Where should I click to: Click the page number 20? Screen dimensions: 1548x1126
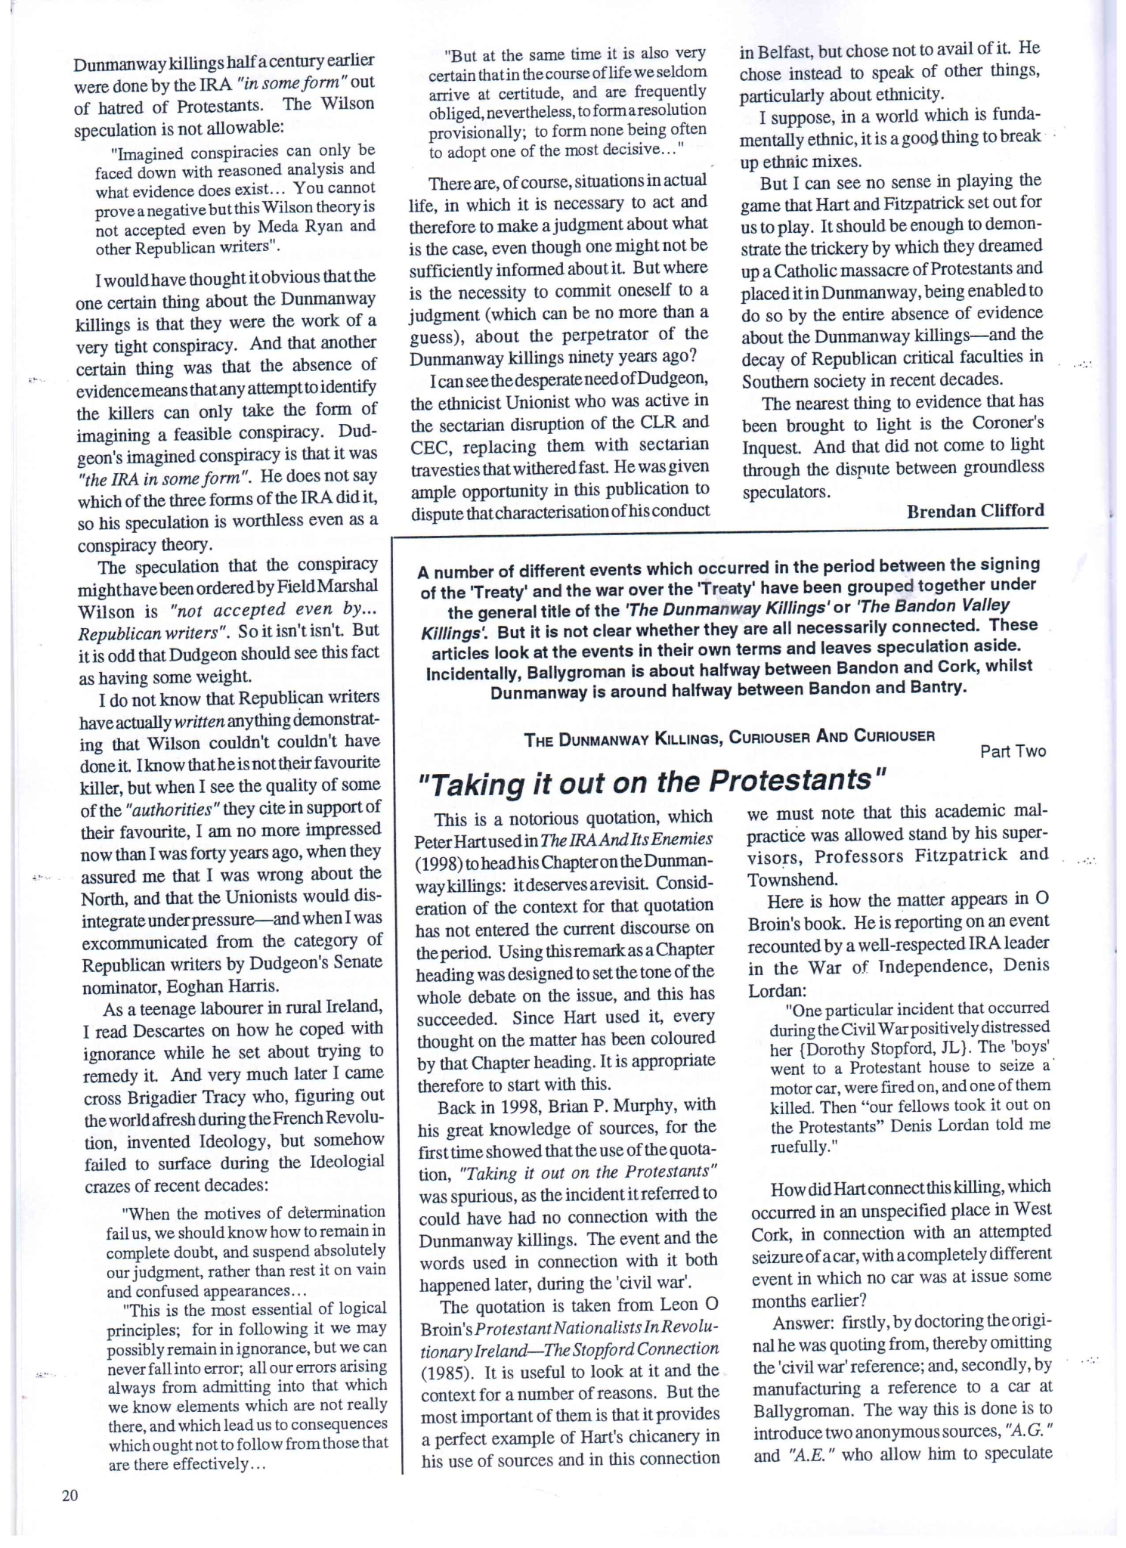[70, 1496]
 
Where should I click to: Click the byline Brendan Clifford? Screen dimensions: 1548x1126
[975, 511]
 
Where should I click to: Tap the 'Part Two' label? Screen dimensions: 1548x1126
[1013, 751]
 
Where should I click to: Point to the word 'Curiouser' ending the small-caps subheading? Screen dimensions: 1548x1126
[893, 735]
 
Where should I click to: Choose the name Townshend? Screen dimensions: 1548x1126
[792, 880]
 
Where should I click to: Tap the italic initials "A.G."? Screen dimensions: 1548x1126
[1029, 1432]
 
